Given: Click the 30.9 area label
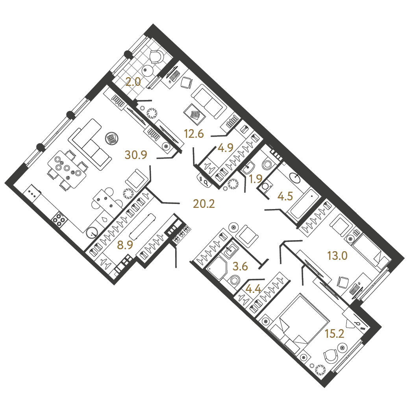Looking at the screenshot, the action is point(136,155).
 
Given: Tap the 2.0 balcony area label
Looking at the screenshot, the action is point(133,82).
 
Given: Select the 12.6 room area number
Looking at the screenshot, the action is point(194,134).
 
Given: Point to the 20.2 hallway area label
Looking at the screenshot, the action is point(204,204).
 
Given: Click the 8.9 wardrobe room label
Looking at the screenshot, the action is point(125,245).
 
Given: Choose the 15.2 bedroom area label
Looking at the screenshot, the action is point(335,334).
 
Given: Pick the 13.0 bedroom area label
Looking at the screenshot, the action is point(337,256).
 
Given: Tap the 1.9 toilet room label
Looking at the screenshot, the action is point(256,179).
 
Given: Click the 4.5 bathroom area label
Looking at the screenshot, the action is point(285,196).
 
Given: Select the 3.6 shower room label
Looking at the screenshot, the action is point(241,267).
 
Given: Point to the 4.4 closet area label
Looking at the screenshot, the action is point(253,289).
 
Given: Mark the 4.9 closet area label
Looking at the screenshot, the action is point(226,148).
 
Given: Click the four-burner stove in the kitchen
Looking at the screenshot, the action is point(59,219).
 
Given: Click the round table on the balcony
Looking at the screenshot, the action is point(146,70).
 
